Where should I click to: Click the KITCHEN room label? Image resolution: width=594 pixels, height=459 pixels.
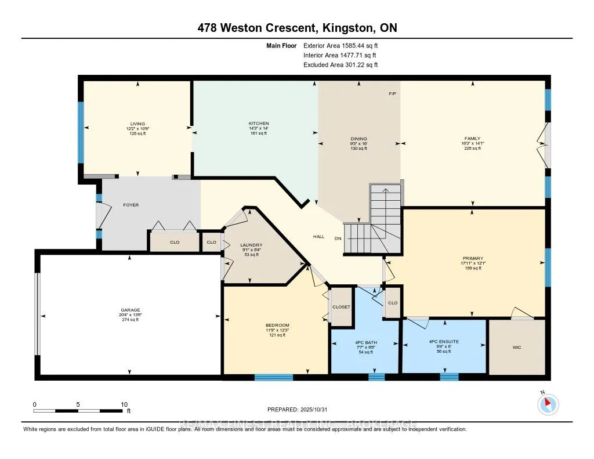pyautogui.click(x=259, y=124)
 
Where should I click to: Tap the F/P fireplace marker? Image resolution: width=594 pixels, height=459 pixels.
pyautogui.click(x=393, y=93)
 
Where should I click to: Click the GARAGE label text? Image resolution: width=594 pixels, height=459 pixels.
pyautogui.click(x=131, y=310)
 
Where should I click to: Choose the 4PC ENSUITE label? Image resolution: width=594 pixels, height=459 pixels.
pyautogui.click(x=444, y=342)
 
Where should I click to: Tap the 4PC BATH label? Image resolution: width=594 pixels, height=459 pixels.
pyautogui.click(x=365, y=343)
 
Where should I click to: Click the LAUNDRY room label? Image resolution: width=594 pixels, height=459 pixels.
pyautogui.click(x=251, y=245)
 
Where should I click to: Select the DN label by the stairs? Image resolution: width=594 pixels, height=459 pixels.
pyautogui.click(x=338, y=238)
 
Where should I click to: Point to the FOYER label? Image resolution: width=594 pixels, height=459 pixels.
pyautogui.click(x=131, y=205)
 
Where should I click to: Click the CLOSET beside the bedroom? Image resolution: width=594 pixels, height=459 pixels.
pyautogui.click(x=341, y=306)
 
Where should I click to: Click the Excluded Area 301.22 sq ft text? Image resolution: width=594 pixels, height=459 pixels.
pyautogui.click(x=340, y=65)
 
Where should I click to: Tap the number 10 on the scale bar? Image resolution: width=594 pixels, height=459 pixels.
pyautogui.click(x=124, y=404)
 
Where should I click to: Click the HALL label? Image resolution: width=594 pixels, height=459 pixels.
pyautogui.click(x=318, y=237)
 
